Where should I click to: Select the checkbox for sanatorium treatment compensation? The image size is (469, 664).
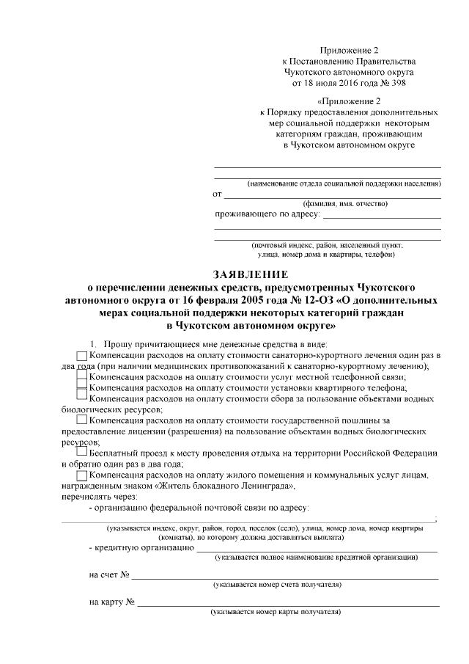coord(81,356)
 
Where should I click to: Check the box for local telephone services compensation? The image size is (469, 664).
coord(81,378)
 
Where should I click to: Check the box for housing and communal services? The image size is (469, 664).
coord(81,475)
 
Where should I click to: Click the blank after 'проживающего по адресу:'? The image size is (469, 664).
coord(382,216)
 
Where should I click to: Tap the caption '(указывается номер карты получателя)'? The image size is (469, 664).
coord(276,611)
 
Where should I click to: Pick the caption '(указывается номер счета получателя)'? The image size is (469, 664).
coord(276,585)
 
